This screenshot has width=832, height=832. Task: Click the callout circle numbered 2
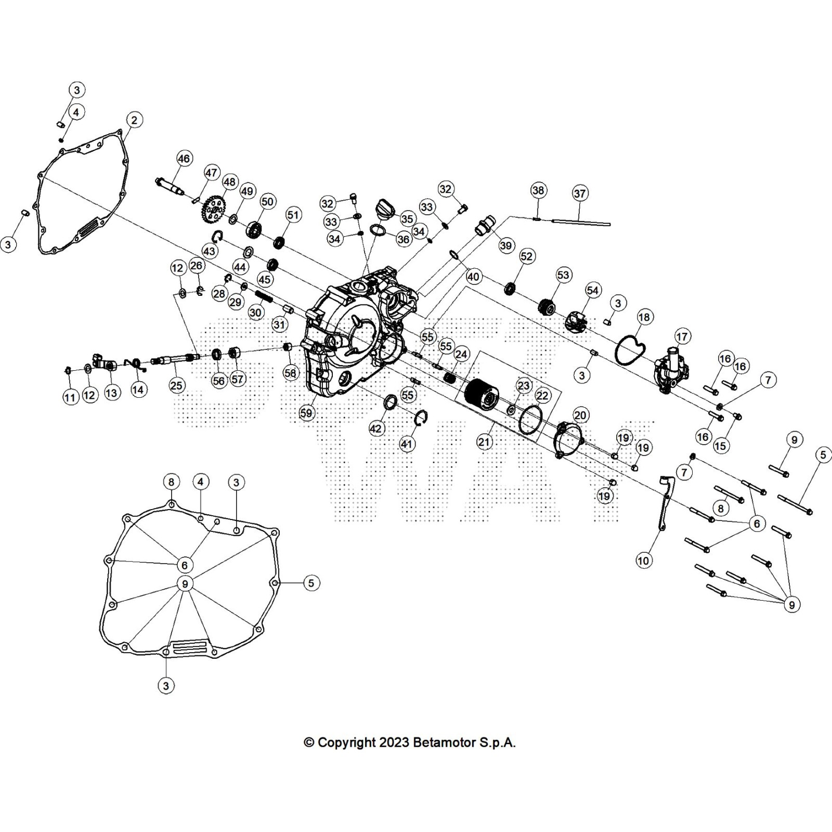(x=134, y=120)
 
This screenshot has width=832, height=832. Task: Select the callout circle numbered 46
(x=184, y=158)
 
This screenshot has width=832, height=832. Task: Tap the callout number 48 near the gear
(x=229, y=182)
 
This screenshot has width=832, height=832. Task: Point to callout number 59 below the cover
(x=307, y=413)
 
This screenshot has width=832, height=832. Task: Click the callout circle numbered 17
(x=682, y=337)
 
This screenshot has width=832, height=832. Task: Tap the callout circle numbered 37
(x=580, y=193)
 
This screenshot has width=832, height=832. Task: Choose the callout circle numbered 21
(x=484, y=442)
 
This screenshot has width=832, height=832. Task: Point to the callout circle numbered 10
(x=643, y=561)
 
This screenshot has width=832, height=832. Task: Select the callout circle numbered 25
(x=177, y=385)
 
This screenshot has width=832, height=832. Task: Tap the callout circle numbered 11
(x=70, y=398)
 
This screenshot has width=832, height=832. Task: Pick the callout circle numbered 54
(x=593, y=290)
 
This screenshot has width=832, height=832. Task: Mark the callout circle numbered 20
(x=580, y=414)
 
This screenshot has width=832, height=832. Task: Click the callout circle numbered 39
(x=506, y=245)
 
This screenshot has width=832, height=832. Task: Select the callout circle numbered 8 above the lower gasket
(x=172, y=482)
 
